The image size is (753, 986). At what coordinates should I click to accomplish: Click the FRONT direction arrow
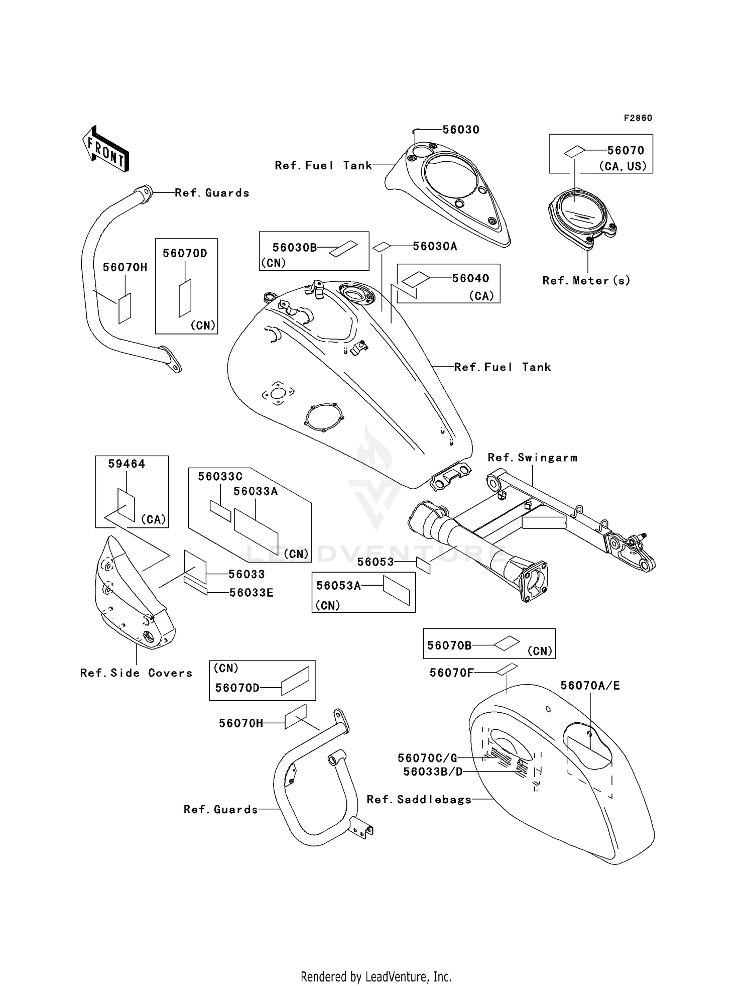pos(106,149)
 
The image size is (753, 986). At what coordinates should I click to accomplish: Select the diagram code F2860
pos(638,118)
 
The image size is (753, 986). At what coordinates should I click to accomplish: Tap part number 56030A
pos(435,246)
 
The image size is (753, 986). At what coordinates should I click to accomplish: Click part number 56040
pos(470,278)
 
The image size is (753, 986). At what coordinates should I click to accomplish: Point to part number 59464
pos(127,464)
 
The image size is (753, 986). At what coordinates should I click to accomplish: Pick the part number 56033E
pos(252,593)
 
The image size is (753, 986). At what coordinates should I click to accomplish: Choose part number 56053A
pos(338,586)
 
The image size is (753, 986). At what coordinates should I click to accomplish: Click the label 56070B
pos(449,645)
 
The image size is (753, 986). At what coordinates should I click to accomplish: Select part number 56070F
pos(451,673)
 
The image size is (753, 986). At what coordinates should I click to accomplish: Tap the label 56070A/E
pos(590,686)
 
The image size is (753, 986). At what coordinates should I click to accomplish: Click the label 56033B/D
pos(433,772)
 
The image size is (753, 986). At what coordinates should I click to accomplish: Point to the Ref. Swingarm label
pos(533,458)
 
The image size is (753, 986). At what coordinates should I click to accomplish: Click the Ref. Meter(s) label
pos(586,281)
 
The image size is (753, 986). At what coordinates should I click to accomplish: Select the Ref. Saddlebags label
pos(419,799)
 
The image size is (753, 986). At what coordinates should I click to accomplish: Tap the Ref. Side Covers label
pos(136,673)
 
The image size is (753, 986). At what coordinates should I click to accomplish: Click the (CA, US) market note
pos(623,166)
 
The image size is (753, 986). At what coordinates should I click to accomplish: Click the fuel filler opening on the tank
pos(356,293)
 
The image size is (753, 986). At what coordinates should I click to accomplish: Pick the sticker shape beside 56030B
pos(343,249)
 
